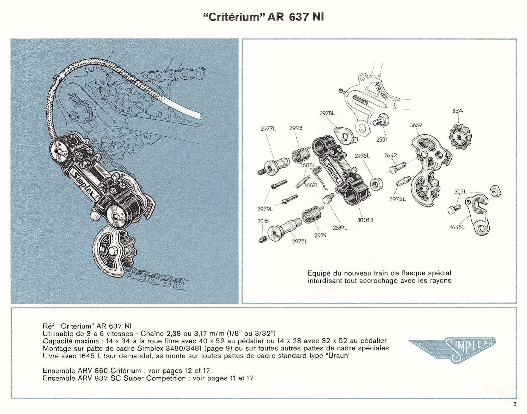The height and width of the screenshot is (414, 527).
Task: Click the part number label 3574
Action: click(457, 111)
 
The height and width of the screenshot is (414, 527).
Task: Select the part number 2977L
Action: click(268, 128)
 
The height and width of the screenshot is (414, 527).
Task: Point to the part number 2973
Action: click(296, 128)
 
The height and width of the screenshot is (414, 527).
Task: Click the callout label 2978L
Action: click(327, 113)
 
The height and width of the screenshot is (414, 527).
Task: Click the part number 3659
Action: click(416, 125)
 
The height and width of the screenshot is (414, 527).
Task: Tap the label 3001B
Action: click(365, 220)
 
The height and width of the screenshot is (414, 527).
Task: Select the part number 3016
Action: click(263, 221)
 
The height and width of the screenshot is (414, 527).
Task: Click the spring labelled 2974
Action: click(313, 214)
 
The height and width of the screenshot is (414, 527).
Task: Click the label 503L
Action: click(460, 191)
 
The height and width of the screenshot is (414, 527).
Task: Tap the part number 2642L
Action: click(392, 155)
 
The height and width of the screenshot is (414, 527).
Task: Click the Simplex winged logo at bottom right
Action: click(452, 349)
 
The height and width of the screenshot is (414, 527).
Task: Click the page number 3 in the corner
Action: click(515, 404)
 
